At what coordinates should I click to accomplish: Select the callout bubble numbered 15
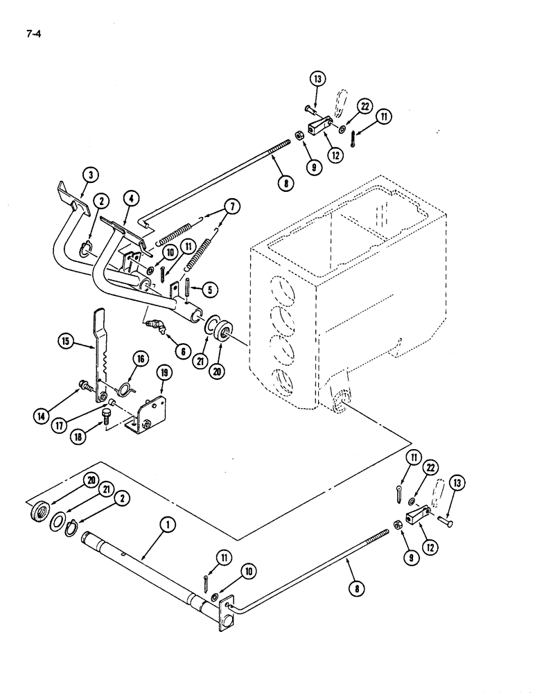click(64, 341)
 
